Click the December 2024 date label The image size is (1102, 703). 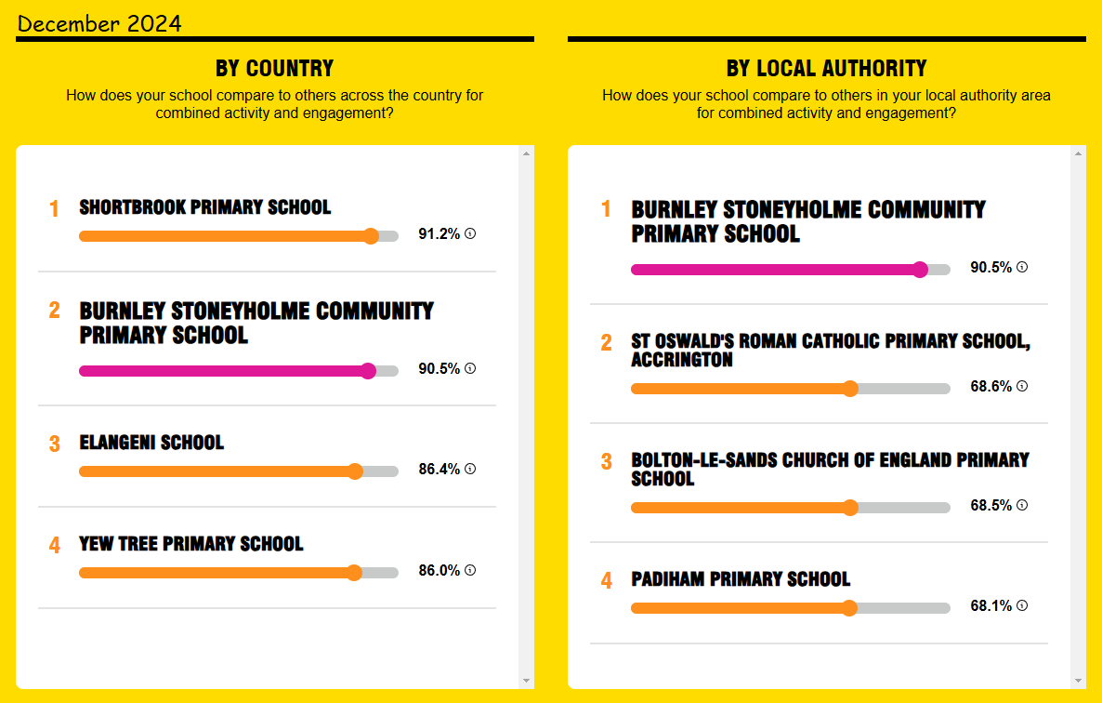[99, 24]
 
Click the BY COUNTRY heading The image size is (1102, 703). [275, 68]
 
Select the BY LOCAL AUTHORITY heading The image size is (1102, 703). [827, 68]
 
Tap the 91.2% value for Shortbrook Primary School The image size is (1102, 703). [439, 233]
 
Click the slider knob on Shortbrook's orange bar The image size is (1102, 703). [371, 236]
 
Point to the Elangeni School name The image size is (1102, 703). [151, 443]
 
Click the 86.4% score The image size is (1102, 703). [439, 469]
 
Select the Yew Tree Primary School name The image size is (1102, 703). [191, 543]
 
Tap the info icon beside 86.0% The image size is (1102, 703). [470, 570]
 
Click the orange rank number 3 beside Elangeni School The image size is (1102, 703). [54, 444]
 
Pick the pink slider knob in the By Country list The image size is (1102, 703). [368, 371]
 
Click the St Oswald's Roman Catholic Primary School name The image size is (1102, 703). [831, 350]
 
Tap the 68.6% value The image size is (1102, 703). [990, 386]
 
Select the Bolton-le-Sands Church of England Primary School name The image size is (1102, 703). [830, 469]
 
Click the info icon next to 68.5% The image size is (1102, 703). [1022, 505]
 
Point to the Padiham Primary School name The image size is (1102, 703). [741, 578]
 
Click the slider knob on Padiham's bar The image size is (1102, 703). [849, 608]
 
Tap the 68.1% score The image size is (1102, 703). [990, 605]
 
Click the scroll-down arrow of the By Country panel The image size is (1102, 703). [527, 681]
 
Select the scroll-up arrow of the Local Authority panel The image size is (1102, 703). [1078, 153]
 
